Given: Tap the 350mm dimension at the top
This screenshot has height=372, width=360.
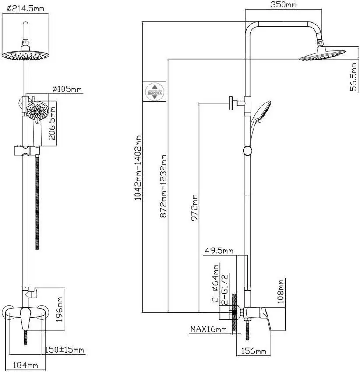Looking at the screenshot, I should [284, 5].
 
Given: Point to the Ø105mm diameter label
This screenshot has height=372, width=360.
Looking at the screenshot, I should [67, 89].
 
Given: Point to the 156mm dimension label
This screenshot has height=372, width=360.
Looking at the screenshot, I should [254, 351].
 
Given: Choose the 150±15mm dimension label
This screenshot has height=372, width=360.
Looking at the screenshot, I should [65, 350].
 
